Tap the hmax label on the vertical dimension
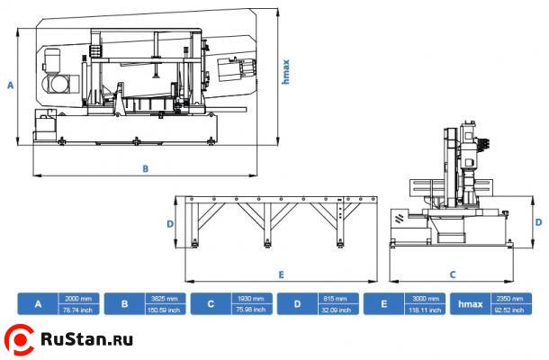[x=285, y=71]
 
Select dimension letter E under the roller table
[x=281, y=273]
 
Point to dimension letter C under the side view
[x=453, y=273]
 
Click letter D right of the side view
[x=538, y=221]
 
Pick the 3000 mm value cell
[x=423, y=299]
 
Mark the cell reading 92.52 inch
[x=510, y=310]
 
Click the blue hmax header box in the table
[x=468, y=304]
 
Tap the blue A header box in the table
[x=38, y=304]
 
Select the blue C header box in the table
[x=211, y=304]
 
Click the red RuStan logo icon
[x=20, y=339]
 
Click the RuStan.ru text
[x=87, y=340]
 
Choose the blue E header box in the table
[x=382, y=304]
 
